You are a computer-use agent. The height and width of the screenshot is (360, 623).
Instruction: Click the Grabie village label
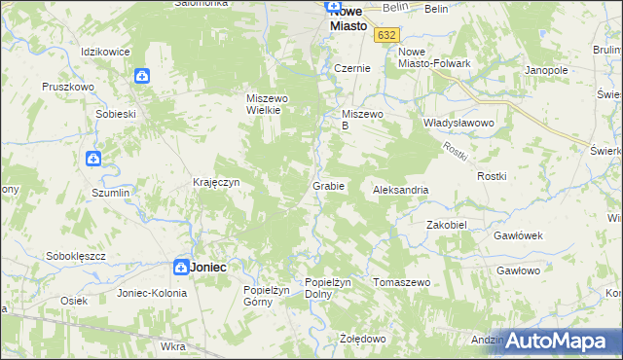tap(328, 186)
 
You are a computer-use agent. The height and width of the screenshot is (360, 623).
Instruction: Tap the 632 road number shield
tap(386, 34)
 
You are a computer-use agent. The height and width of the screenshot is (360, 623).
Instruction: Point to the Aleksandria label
tap(401, 191)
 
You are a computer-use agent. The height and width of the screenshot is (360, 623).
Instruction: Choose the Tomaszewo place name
tap(402, 282)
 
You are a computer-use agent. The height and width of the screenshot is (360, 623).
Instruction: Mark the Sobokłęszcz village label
tap(76, 256)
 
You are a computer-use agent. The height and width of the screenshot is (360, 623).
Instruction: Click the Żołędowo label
tap(363, 339)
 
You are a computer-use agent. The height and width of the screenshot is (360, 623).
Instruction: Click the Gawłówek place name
tap(517, 236)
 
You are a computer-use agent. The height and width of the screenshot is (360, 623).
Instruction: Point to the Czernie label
tap(351, 69)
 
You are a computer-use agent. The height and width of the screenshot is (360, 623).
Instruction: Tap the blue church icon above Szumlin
tap(94, 158)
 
